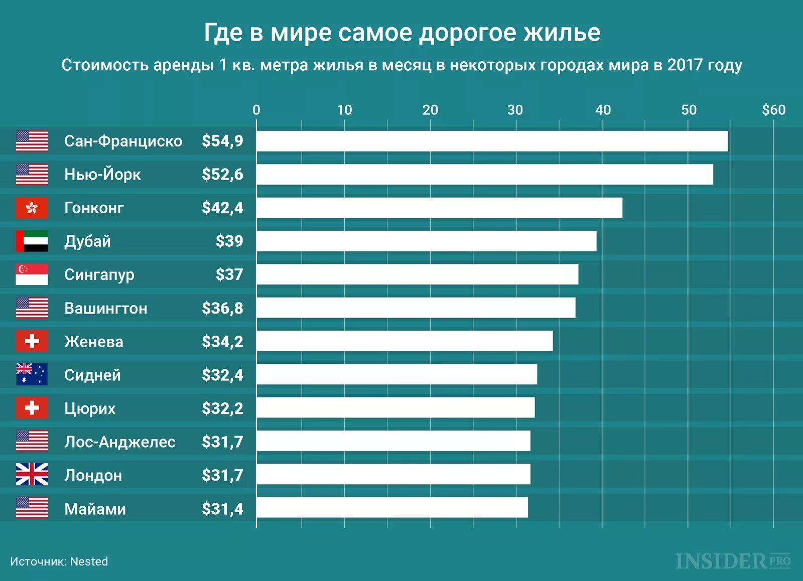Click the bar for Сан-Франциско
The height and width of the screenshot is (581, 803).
(x=492, y=141)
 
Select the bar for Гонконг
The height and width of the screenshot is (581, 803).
(x=439, y=208)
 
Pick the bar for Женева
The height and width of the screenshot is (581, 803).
(x=405, y=341)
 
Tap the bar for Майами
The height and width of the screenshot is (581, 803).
(x=392, y=508)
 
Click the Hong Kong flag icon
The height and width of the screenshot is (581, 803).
(x=32, y=208)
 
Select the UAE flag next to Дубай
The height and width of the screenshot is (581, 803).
(x=32, y=241)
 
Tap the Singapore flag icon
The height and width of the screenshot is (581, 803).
(x=32, y=274)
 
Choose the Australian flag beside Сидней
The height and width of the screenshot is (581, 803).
(x=32, y=374)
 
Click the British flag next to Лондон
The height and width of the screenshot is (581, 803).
(x=32, y=474)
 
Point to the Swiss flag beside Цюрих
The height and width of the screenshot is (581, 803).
(x=32, y=408)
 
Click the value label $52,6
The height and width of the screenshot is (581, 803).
(x=222, y=175)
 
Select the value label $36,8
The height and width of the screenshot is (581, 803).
(x=222, y=308)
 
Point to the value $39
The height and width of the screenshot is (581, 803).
(x=229, y=241)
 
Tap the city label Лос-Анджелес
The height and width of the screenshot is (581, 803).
(x=120, y=442)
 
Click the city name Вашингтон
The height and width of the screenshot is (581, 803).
(x=106, y=308)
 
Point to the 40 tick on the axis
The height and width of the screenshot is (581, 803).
(x=603, y=110)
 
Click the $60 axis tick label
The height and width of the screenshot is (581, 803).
(x=773, y=110)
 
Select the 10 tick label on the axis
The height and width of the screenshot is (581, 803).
(x=344, y=110)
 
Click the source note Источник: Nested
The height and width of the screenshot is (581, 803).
(x=59, y=561)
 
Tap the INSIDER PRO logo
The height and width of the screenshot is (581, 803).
(x=733, y=561)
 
